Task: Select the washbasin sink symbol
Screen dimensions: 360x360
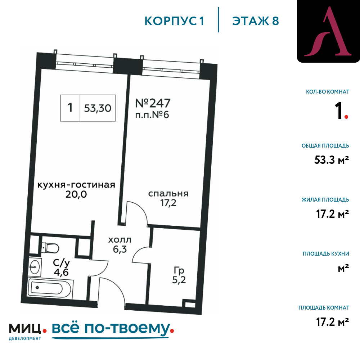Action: pos(35,267)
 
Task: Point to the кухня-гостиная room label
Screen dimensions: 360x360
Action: pos(76,185)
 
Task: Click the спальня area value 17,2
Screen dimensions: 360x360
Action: pos(168,203)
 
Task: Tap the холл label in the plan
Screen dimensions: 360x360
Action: pos(120,240)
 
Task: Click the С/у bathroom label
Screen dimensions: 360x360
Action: pos(61,263)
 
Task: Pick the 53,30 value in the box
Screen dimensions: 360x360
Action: pos(98,108)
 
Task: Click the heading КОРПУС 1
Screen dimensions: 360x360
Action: pos(174,21)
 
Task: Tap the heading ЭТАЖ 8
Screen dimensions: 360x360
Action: pos(256,21)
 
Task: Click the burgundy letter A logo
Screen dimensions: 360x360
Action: pos(328,31)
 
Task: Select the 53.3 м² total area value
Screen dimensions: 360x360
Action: pos(332,160)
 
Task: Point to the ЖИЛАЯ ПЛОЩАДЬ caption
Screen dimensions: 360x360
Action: pos(325,200)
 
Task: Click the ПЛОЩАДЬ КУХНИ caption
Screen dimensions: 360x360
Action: pos(326,254)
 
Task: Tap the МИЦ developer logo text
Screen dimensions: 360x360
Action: pos(25,329)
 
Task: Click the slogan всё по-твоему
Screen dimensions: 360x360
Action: pos(111,329)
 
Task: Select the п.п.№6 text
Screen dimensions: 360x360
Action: pos(152,115)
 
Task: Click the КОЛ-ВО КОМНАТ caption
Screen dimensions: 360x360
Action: pos(327,92)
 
